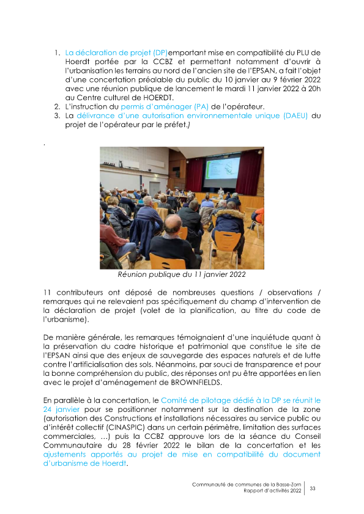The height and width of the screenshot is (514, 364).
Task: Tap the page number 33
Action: pos(313,488)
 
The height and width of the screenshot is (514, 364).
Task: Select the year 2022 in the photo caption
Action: pos(234,274)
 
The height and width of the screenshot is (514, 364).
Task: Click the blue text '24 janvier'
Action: pos(61,408)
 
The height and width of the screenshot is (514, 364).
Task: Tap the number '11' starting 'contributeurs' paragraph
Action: pos(48,293)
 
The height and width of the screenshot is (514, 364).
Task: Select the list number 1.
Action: pos(56,53)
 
